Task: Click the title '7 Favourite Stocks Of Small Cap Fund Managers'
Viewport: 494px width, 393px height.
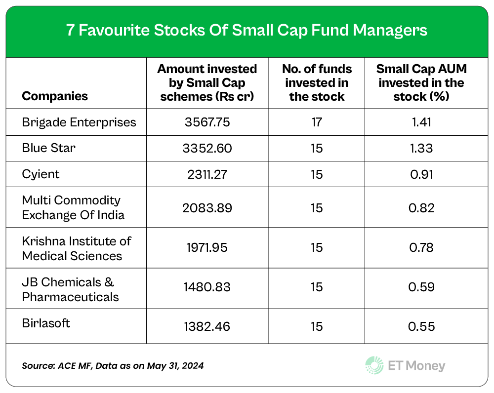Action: pyautogui.click(x=247, y=31)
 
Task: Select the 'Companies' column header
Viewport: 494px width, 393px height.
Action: pyautogui.click(x=55, y=96)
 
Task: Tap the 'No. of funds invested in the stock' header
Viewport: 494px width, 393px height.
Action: pyautogui.click(x=317, y=82)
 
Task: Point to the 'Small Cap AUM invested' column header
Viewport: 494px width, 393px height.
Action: pyautogui.click(x=421, y=82)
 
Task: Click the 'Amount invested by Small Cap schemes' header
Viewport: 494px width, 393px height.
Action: pyautogui.click(x=207, y=82)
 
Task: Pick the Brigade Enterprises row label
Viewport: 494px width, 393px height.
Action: pyautogui.click(x=79, y=121)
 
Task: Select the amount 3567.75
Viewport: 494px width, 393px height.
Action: pyautogui.click(x=207, y=122)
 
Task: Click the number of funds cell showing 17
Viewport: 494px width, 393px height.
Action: pyautogui.click(x=317, y=122)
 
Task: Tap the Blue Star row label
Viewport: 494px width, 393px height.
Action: pyautogui.click(x=48, y=148)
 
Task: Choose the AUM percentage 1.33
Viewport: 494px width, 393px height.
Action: pyautogui.click(x=421, y=148)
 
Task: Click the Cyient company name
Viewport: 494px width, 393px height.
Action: pyautogui.click(x=40, y=174)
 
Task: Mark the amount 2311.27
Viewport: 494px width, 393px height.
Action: pyautogui.click(x=207, y=174)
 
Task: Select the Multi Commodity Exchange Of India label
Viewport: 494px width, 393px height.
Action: pyautogui.click(x=73, y=207)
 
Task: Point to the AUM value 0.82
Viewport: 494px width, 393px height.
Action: pyautogui.click(x=421, y=208)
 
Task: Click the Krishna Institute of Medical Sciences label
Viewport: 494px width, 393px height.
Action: pyautogui.click(x=77, y=248)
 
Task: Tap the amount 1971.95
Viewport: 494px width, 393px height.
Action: pyautogui.click(x=207, y=248)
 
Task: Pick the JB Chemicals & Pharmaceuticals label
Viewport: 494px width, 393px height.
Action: pyautogui.click(x=70, y=289)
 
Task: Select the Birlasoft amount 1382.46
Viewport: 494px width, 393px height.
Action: pyautogui.click(x=207, y=326)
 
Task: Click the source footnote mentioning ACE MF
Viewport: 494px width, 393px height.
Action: pyautogui.click(x=113, y=366)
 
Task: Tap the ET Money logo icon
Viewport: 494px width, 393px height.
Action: pyautogui.click(x=374, y=365)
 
